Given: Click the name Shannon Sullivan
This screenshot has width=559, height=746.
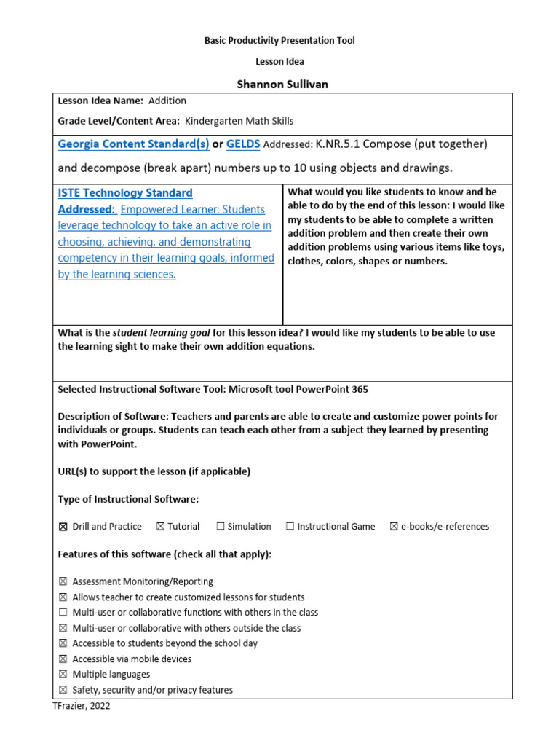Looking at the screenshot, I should (282, 84).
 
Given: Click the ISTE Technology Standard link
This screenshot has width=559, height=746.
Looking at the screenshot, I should (125, 193).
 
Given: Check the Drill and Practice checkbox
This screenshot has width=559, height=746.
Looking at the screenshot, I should (62, 527).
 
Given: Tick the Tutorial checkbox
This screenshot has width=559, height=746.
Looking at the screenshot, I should (159, 527).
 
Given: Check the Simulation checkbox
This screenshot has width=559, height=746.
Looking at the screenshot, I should (220, 527).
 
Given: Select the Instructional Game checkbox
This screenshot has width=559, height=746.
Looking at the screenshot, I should (290, 527).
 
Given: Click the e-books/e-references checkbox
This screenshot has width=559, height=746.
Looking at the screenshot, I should (394, 527).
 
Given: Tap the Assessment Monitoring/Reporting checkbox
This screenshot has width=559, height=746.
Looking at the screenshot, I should (62, 582).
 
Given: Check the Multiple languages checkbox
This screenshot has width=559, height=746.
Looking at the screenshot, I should (62, 675).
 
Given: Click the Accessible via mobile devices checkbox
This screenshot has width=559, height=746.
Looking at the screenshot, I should (62, 659).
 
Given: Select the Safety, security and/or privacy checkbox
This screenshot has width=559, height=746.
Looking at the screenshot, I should (62, 690).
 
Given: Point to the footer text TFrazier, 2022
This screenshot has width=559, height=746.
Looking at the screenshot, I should (82, 706).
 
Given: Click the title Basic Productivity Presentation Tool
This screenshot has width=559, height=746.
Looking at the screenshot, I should (279, 41).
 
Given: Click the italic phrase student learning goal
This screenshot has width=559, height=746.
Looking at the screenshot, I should (161, 333).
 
